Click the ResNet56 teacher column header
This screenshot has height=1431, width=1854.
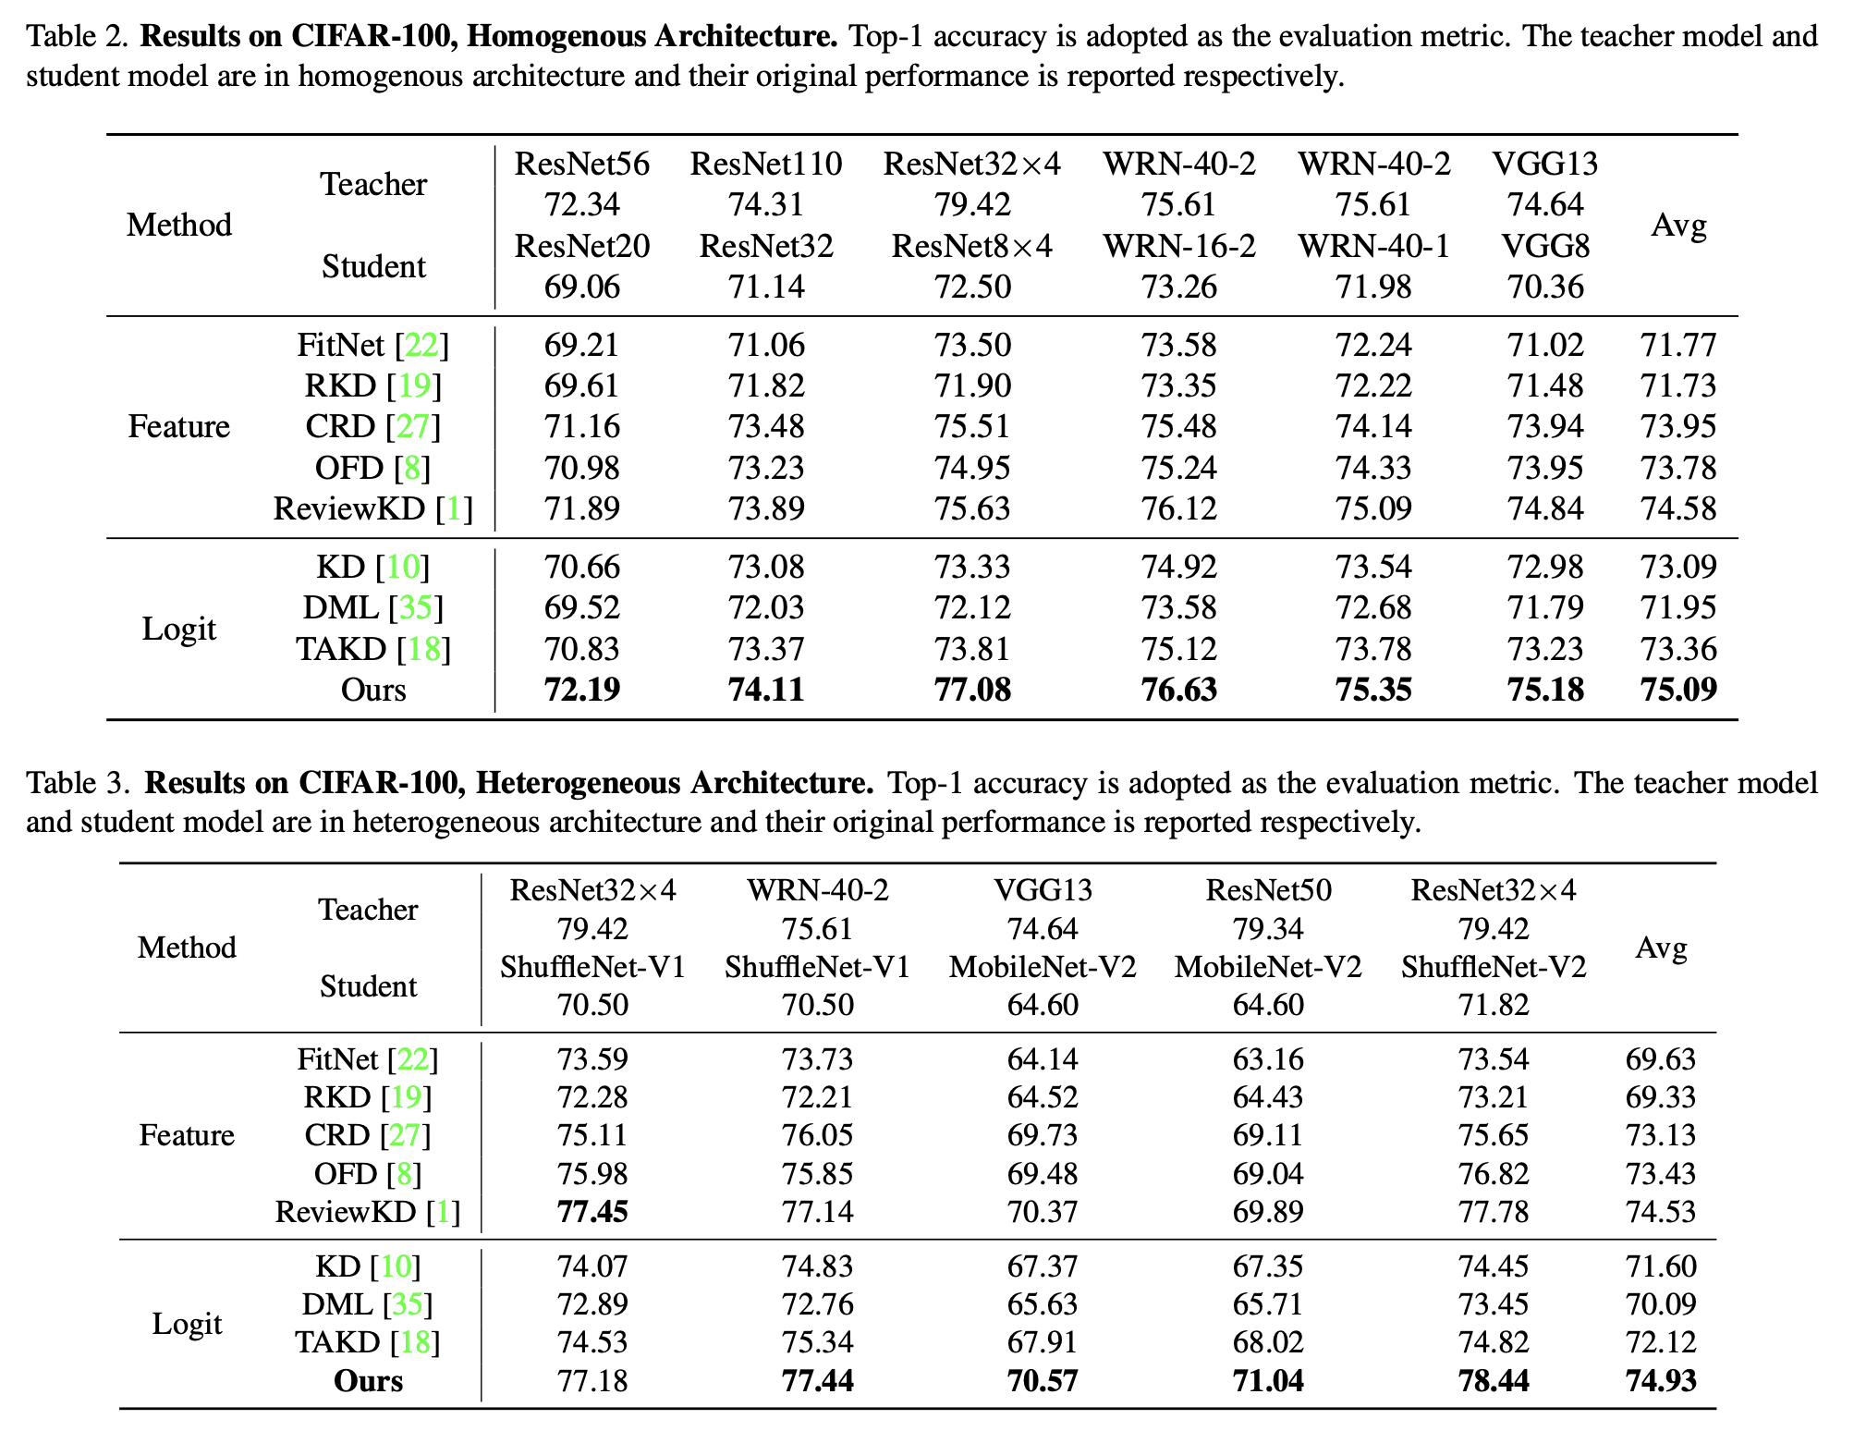coord(581,164)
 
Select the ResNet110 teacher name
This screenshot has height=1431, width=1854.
coord(766,164)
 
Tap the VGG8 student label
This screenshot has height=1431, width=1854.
coord(1545,246)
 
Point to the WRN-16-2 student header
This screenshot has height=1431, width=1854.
coord(1179,246)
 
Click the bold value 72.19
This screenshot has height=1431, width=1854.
coord(581,690)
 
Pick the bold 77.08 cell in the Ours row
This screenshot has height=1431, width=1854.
coord(972,690)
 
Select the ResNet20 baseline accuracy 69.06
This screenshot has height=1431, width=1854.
coord(581,287)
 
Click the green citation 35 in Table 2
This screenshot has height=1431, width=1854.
coord(416,608)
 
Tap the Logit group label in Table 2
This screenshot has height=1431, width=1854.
coord(178,629)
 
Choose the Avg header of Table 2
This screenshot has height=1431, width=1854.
coord(1678,226)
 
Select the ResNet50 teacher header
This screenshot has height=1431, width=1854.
coord(1268,890)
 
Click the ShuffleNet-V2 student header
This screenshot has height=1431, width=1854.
coord(1494,967)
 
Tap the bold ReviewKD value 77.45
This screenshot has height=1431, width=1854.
coord(592,1212)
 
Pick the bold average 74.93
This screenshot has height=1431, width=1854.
coord(1661,1381)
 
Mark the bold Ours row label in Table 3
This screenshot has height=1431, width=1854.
coord(368,1381)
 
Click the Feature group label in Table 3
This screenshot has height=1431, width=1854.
coord(187,1135)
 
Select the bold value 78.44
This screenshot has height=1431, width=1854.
coord(1494,1381)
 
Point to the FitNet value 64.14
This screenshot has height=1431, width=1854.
coord(1043,1059)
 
